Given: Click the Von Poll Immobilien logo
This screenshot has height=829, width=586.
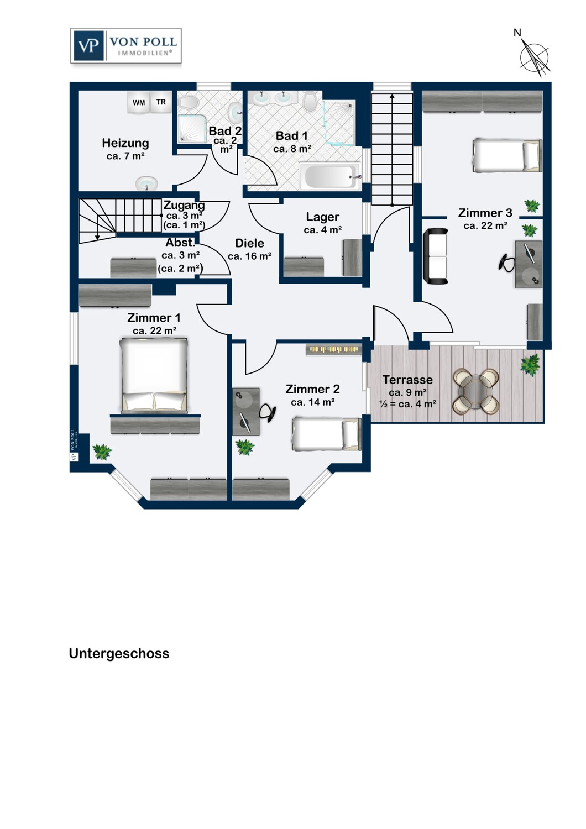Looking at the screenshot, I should (126, 46).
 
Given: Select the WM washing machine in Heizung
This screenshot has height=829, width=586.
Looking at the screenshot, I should (139, 102).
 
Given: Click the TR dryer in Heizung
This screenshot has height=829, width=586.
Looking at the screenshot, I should (161, 102).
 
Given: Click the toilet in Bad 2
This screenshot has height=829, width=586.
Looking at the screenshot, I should (189, 103).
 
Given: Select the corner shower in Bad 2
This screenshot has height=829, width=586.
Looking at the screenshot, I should (191, 128).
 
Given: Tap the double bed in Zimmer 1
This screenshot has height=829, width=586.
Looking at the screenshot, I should (154, 375).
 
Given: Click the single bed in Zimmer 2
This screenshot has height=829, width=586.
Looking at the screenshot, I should (326, 433).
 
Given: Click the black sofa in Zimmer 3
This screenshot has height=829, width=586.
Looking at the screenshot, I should (435, 256).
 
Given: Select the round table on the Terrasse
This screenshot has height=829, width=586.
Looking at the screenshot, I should (476, 391).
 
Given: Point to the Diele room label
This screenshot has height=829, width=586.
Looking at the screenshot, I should (249, 243).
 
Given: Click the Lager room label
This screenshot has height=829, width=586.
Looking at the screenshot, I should (322, 217).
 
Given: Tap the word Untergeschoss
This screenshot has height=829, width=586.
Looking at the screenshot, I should (119, 653).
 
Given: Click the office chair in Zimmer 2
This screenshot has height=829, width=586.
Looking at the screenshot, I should (268, 412).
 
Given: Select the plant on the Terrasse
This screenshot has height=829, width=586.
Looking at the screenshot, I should (530, 365).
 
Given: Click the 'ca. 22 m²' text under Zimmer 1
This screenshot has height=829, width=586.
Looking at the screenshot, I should (154, 331).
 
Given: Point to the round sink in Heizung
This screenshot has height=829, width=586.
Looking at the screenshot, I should (146, 183).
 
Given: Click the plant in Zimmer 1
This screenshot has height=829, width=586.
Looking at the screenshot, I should (102, 452).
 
